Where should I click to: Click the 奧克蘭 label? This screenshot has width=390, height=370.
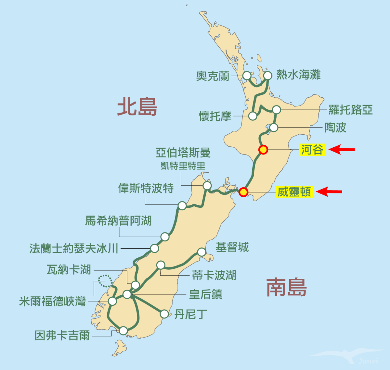point(213,76)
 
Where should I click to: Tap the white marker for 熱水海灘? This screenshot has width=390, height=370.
point(267,76)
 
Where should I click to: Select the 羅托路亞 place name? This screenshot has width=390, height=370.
point(350,110)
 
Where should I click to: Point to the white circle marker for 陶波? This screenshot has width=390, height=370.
point(274,128)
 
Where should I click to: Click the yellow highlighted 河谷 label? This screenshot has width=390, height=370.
point(312,150)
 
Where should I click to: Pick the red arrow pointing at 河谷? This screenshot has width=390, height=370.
point(342,150)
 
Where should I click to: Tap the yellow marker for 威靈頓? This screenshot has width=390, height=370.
point(243,192)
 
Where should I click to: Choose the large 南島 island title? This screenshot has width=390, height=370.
point(286,287)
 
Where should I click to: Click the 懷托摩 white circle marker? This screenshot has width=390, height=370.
point(253,116)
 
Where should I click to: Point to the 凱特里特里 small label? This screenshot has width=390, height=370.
point(183,166)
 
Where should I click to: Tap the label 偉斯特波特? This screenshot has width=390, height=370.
point(146,188)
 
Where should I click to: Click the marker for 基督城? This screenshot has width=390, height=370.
point(202,252)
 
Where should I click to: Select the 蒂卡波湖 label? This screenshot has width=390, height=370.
point(214,276)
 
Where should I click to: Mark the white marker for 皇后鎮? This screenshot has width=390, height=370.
point(127,294)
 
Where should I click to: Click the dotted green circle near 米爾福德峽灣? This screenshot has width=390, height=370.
point(105,281)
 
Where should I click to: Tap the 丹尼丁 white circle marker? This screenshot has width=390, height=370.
point(164,314)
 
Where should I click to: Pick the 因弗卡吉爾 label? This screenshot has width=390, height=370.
point(62,335)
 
